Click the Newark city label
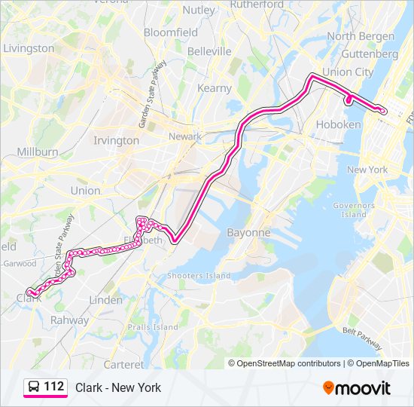pos(185,136)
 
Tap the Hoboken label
pos(339,124)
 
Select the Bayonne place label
pos(248,233)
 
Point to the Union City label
pos(348,72)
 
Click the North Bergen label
pos(361,36)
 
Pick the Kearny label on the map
pos(215,88)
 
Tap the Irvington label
pos(116,140)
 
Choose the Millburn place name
pos(37,151)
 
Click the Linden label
pos(105,300)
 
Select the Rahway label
pos(69,320)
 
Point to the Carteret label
pos(124,364)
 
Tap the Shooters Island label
pos(199,276)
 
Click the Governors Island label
pos(349,210)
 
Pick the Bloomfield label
pos(171,32)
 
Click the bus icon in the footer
pos(33,387)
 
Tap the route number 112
pos(53,387)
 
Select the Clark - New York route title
pos(118,387)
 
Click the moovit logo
pos(357,388)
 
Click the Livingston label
pos(29,48)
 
